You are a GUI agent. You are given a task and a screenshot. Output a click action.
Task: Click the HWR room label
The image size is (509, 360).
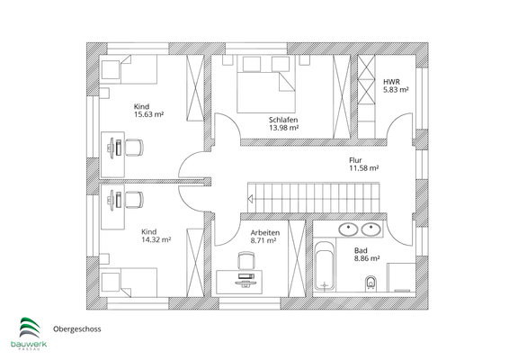(391, 80)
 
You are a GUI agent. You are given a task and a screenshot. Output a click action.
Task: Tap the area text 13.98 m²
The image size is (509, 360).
(282, 128)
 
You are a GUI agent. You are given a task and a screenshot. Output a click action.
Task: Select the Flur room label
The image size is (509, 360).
(357, 159)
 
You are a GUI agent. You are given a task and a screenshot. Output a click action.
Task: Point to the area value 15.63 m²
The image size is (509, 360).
(147, 114)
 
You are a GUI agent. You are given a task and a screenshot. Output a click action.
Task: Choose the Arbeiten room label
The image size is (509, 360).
(265, 233)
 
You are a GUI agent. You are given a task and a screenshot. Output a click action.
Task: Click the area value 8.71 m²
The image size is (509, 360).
(265, 242)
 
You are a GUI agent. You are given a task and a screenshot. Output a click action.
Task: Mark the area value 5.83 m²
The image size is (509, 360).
(396, 89)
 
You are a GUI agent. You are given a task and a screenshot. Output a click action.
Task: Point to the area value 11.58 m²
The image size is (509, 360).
(363, 168)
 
